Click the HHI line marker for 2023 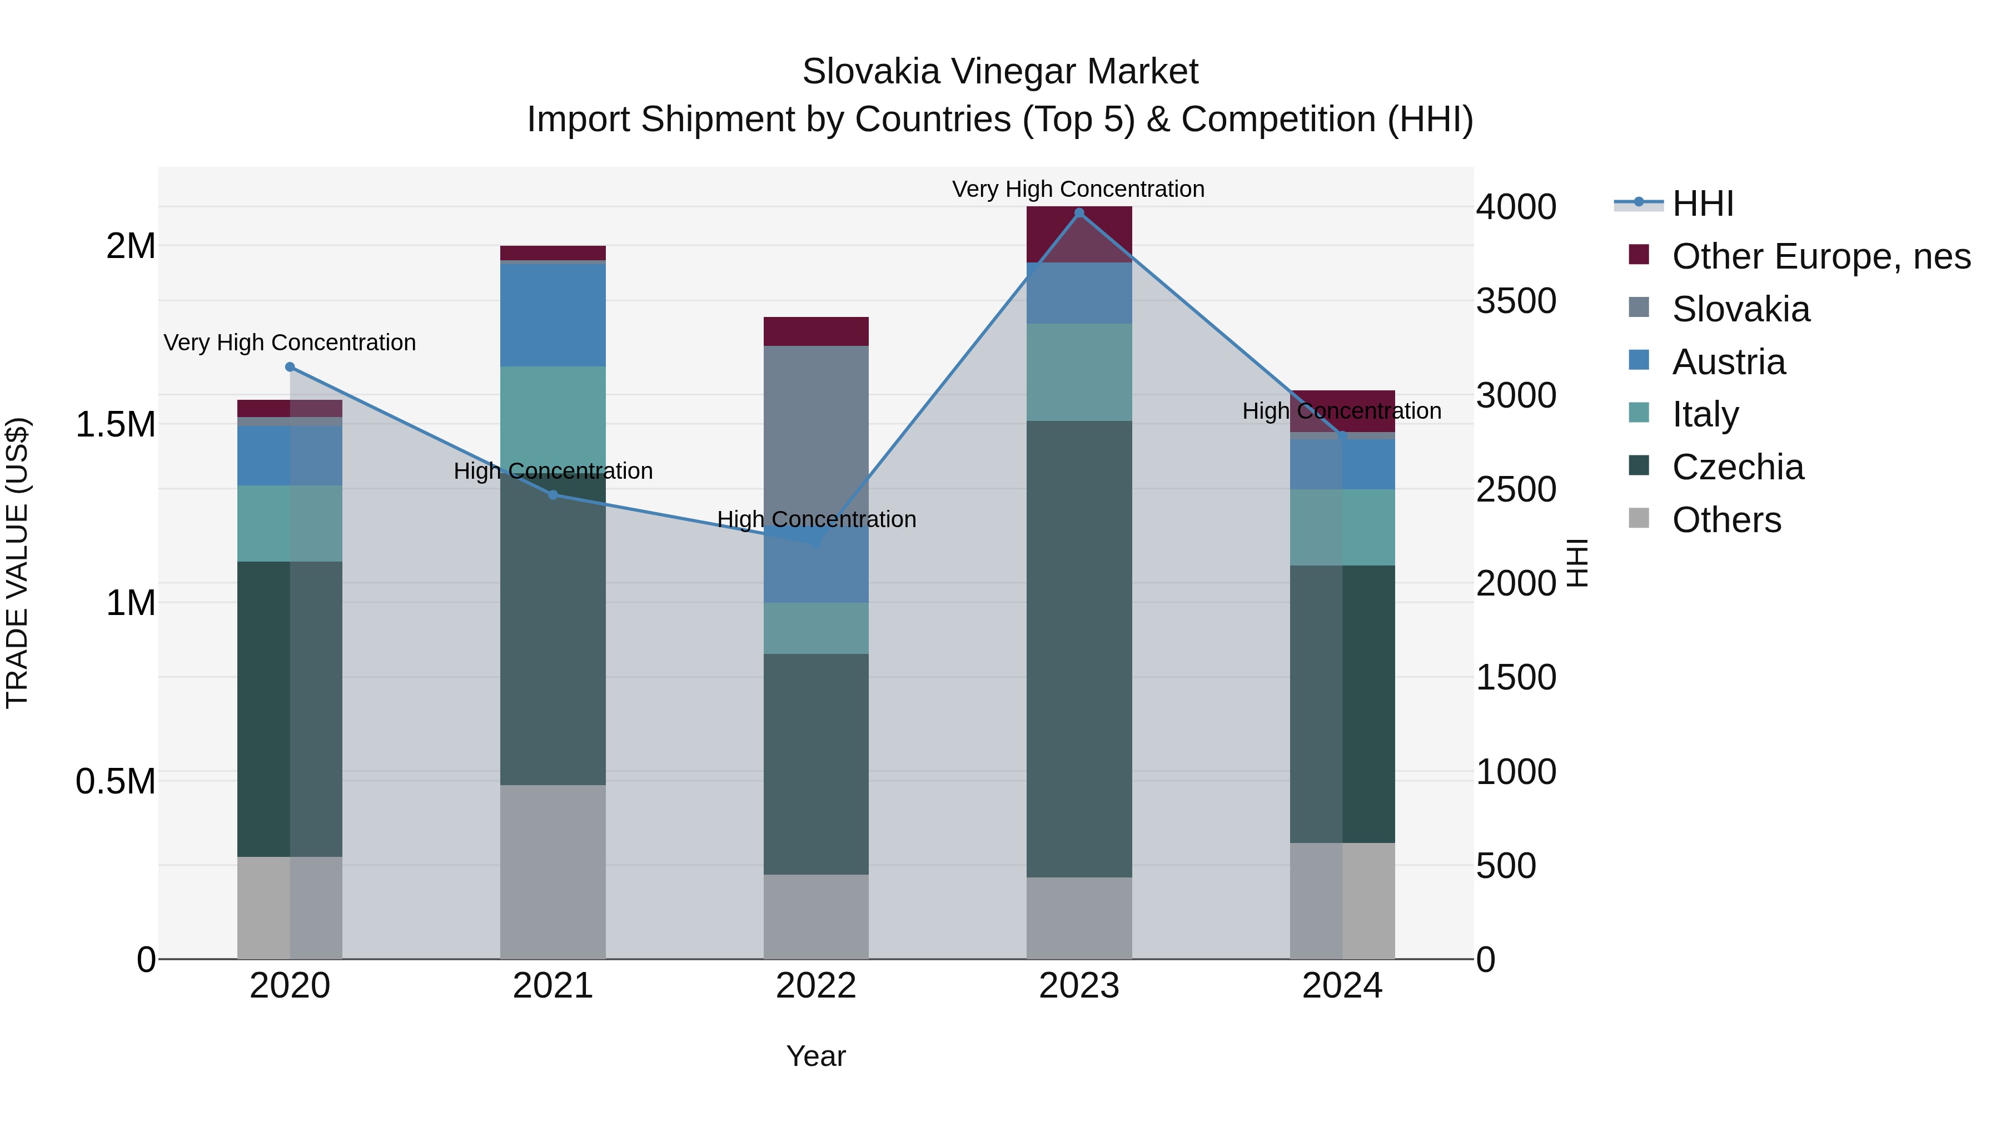coord(1079,213)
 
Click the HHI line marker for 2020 coord(290,367)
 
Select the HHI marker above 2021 coord(553,495)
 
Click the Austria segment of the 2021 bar coord(553,315)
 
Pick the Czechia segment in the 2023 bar coord(1079,649)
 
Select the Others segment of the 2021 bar coord(553,871)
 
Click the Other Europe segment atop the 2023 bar coord(1079,234)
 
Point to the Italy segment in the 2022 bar coord(815,628)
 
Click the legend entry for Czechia coord(1738,467)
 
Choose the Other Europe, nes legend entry coord(1821,256)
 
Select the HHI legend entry coord(1703,204)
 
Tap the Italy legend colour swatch coord(1638,413)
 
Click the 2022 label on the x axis coord(815,986)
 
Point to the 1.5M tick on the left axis coord(116,424)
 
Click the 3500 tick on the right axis coord(1516,301)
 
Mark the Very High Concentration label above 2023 coord(1078,189)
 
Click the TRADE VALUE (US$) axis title coord(17,563)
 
